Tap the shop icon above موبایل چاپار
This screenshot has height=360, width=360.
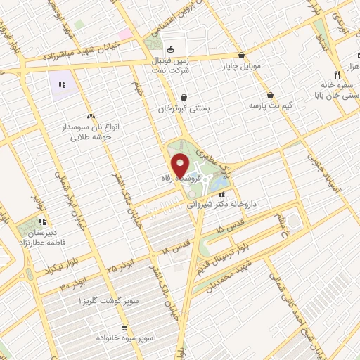[x=242, y=55]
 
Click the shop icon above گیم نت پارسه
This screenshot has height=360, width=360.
[x=271, y=95]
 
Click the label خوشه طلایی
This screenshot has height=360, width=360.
[x=89, y=137]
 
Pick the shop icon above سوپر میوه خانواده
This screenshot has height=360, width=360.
[x=124, y=327]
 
